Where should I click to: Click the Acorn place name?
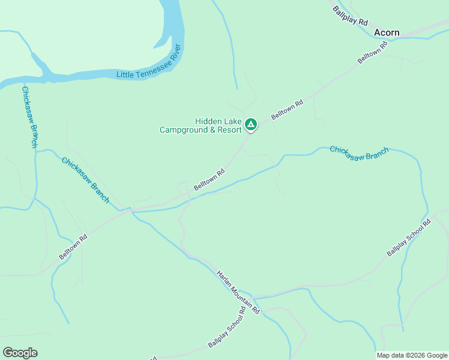(387, 32)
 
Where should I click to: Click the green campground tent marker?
(251, 125)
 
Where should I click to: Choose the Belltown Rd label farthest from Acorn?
(73, 247)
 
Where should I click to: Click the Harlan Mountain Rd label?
(238, 292)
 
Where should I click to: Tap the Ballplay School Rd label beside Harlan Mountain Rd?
(228, 328)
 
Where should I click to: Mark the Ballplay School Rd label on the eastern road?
(409, 238)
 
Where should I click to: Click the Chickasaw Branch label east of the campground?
(359, 153)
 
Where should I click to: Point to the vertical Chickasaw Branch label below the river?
(30, 117)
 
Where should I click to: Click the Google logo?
(20, 353)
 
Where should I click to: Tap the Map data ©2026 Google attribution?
(412, 355)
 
